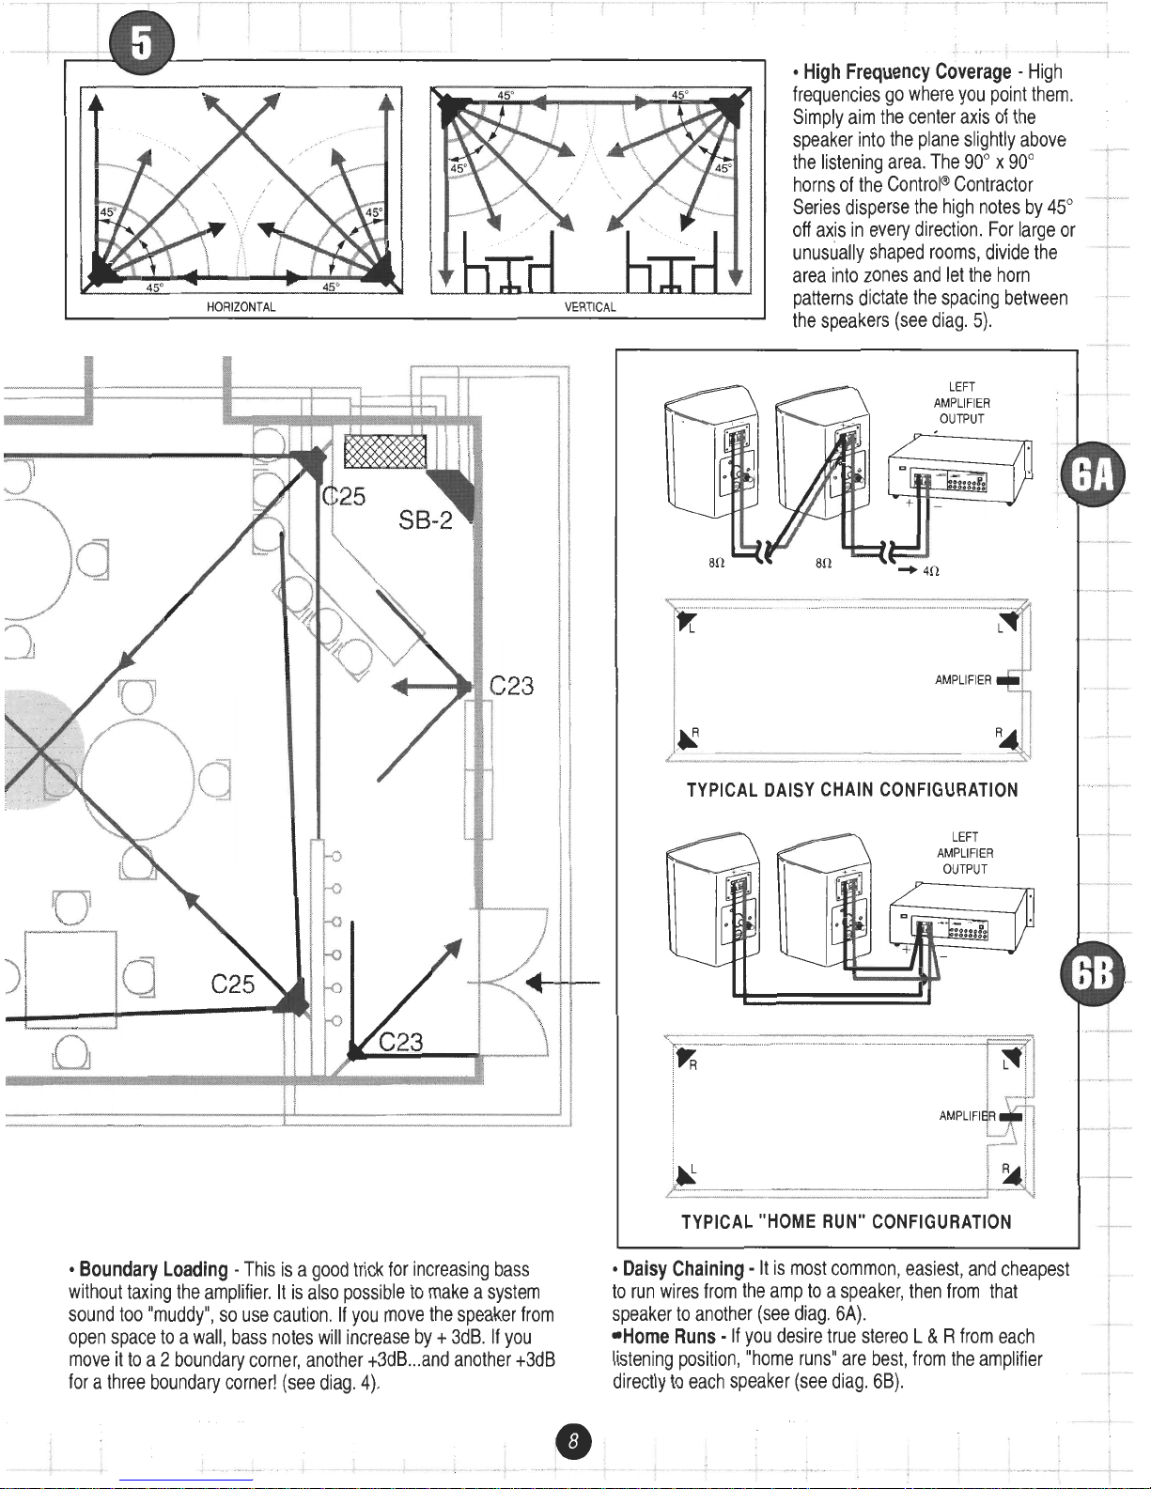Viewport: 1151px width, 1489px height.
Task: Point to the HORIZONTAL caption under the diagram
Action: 241,307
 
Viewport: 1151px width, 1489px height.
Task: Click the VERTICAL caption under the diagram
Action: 589,307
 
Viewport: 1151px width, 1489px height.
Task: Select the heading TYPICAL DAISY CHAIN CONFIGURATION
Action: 852,789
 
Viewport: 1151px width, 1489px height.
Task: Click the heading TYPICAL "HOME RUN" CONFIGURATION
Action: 846,1221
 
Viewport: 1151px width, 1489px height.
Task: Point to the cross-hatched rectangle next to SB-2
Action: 386,451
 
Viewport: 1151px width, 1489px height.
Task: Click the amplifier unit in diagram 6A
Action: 958,472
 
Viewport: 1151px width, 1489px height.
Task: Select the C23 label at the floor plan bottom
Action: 402,1042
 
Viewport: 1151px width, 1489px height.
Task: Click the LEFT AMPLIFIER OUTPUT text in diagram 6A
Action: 961,403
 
